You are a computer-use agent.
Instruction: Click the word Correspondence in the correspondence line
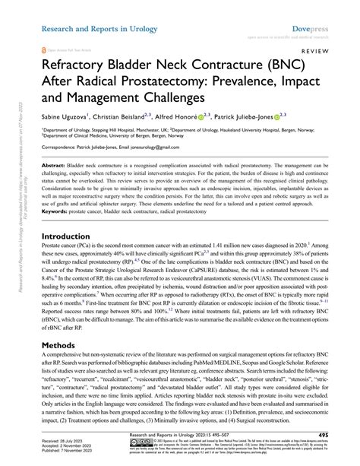pos(65,145)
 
